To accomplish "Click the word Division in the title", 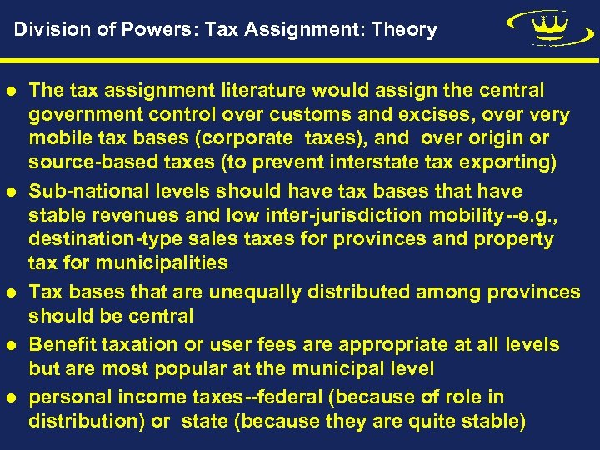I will [x=43, y=30].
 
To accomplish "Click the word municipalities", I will [x=162, y=263].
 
